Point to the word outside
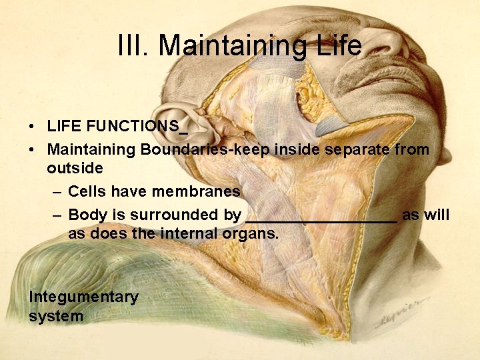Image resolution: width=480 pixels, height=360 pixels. click(75, 169)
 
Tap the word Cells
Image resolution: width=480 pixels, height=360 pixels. click(87, 192)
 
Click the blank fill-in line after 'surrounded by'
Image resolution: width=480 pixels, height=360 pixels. click(321, 219)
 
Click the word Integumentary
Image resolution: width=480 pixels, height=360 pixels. click(83, 297)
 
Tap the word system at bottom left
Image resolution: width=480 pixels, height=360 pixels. click(56, 316)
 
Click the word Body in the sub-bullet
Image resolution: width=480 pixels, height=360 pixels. click(86, 215)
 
